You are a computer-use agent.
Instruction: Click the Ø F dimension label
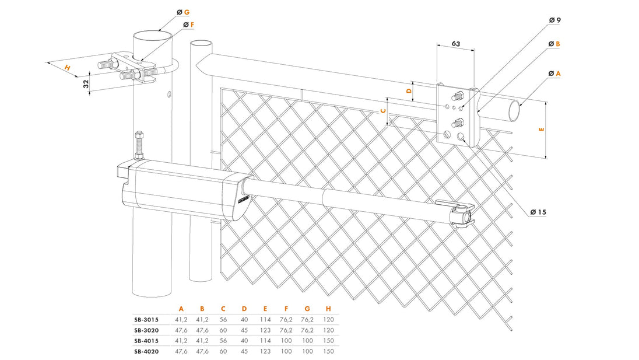click(188, 25)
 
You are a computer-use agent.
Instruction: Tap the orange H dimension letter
click(68, 68)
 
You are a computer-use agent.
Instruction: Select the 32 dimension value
click(87, 83)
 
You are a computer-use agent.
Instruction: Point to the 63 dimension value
click(455, 44)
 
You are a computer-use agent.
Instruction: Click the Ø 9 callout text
click(554, 20)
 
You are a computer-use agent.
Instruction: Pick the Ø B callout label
click(554, 44)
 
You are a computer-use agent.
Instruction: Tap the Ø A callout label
click(554, 74)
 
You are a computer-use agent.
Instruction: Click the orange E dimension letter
click(542, 130)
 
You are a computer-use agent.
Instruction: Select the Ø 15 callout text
click(538, 212)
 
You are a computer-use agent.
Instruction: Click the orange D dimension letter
click(409, 90)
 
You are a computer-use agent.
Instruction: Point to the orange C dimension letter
click(383, 110)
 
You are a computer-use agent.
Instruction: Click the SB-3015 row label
click(146, 319)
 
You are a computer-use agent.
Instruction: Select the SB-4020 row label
click(146, 351)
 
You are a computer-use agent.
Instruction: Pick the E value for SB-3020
click(265, 330)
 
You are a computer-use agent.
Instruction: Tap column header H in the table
click(328, 308)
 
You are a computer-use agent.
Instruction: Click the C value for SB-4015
click(223, 340)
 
